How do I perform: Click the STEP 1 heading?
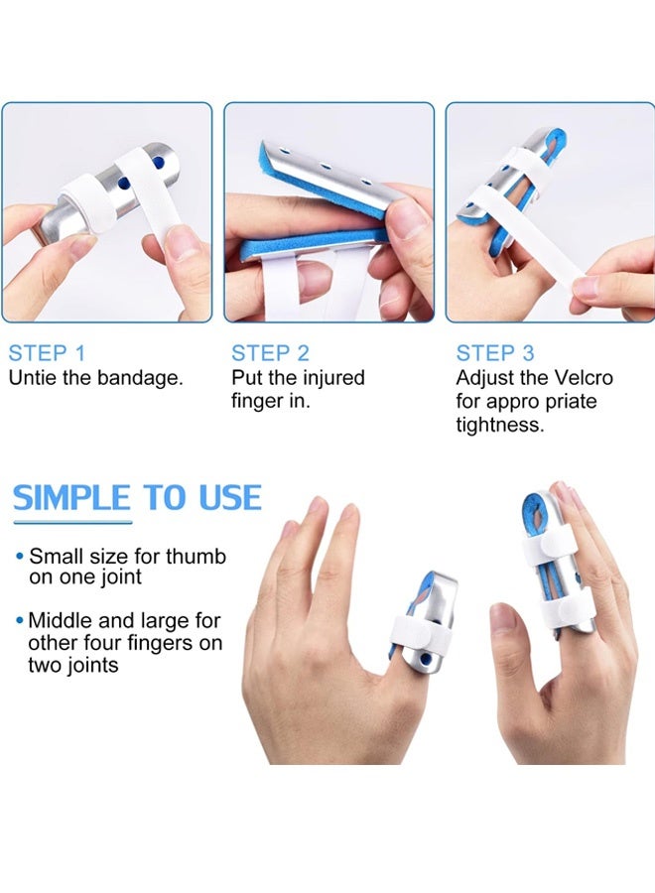[x=47, y=353]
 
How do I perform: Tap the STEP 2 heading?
[x=271, y=353]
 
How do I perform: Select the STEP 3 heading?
[x=495, y=353]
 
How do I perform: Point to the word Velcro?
[x=583, y=378]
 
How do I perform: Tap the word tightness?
[x=500, y=425]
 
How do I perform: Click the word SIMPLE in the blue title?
[x=71, y=497]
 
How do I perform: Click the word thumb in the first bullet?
[x=197, y=557]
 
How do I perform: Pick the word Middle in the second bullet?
[x=60, y=621]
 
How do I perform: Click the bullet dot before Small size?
[x=19, y=557]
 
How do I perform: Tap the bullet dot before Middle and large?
[x=19, y=621]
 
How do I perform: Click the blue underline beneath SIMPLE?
[x=71, y=521]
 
